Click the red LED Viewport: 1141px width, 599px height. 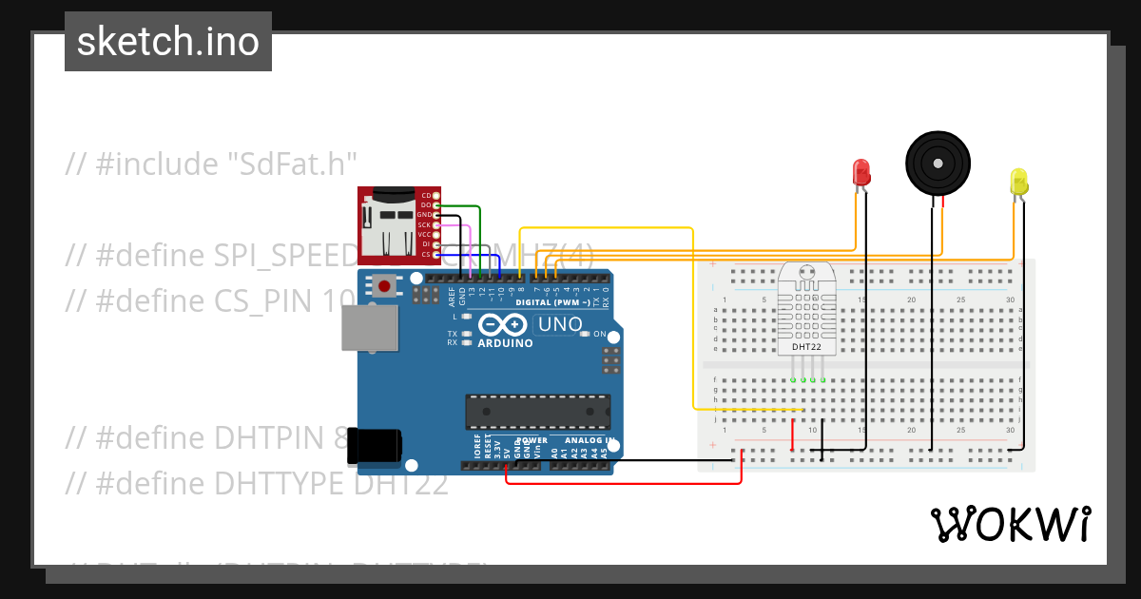coord(861,172)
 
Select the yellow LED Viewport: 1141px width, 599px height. coord(1018,182)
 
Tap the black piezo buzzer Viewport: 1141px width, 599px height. coord(938,162)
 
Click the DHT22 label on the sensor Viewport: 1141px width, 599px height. coord(805,347)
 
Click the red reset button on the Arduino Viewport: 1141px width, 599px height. coord(385,285)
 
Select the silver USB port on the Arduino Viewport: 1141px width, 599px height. coord(368,329)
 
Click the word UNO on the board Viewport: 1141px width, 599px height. coord(560,324)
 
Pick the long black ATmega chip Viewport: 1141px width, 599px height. coord(537,411)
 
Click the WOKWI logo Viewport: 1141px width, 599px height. coord(1010,524)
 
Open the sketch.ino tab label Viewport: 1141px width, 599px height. coord(168,42)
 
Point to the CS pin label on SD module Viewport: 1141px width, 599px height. coord(425,255)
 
